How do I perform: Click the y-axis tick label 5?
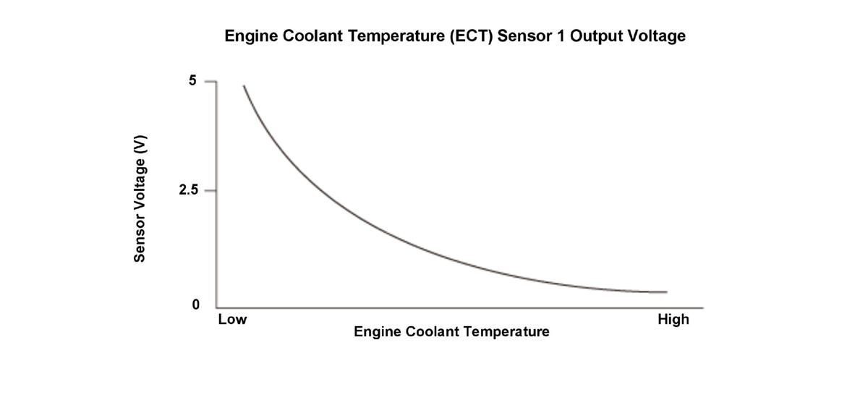tap(192, 81)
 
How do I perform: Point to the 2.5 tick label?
tap(188, 191)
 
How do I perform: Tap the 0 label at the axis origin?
tap(195, 305)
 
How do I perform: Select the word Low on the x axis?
tap(232, 320)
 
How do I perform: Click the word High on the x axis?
tap(673, 320)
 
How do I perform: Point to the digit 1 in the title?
tap(560, 36)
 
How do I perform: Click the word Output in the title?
tap(595, 36)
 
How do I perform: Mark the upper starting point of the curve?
tap(244, 85)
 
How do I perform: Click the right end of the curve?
tap(666, 292)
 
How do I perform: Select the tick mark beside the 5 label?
tap(210, 82)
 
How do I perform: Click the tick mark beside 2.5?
tap(210, 191)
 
